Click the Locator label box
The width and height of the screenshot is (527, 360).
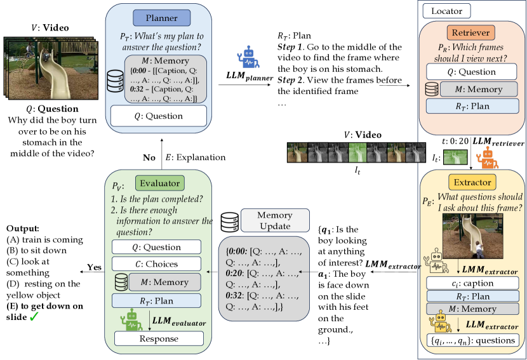(447, 11)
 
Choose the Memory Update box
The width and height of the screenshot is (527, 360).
(266, 221)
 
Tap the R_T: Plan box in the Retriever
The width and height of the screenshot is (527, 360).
(472, 106)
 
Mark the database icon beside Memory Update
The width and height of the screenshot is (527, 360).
(230, 221)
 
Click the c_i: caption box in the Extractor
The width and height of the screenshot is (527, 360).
(472, 283)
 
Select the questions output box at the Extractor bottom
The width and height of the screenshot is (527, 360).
(472, 340)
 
